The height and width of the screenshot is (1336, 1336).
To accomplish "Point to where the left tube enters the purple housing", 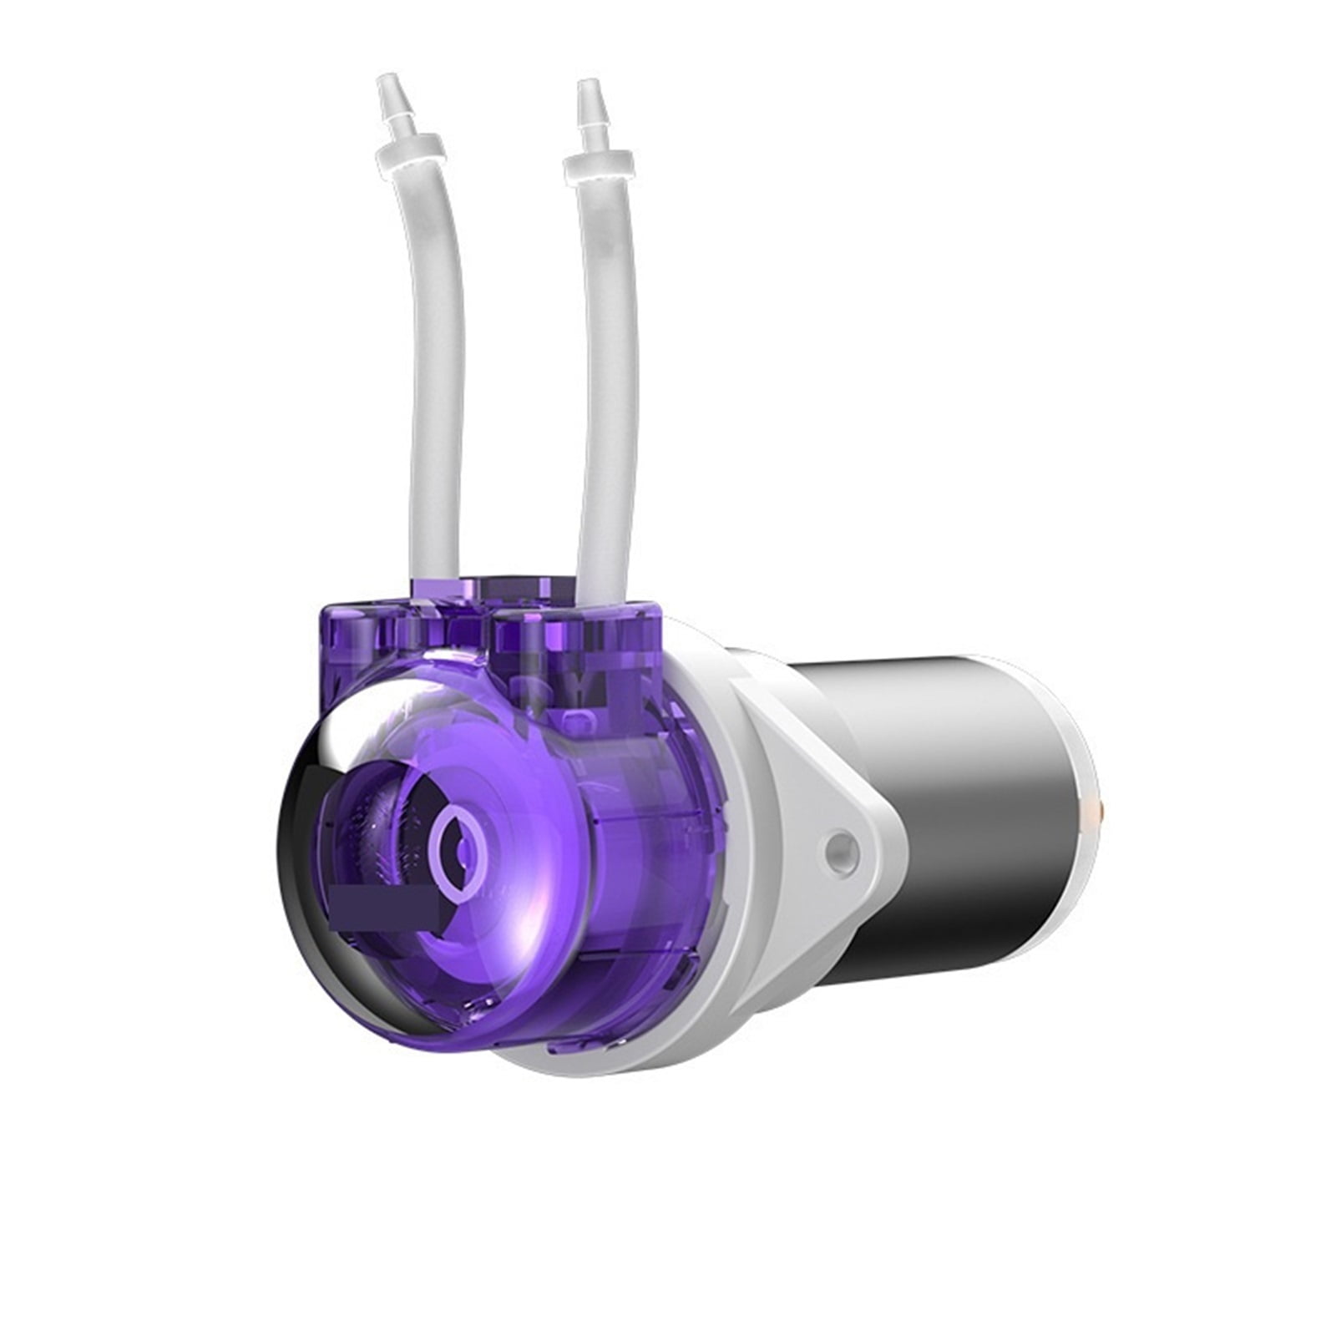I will click(435, 576).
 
